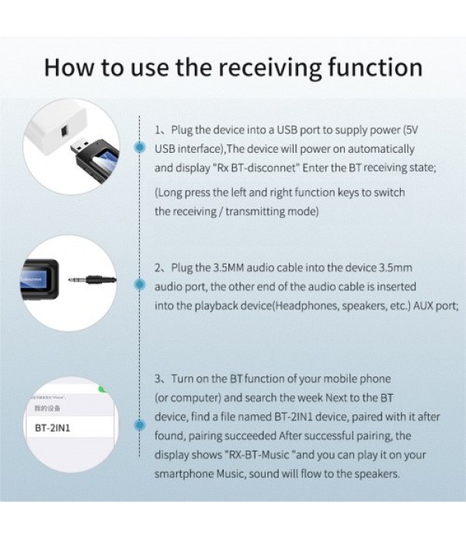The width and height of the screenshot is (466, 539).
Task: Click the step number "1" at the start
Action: [x=157, y=129]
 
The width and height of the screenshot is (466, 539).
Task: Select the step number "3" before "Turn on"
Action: [x=157, y=379]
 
